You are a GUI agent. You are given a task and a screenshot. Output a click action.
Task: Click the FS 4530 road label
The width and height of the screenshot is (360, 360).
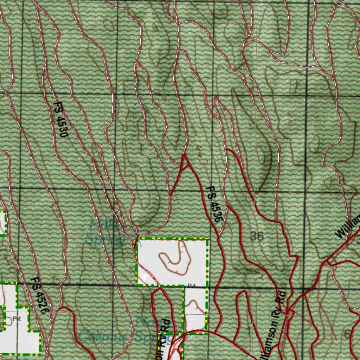click(60, 120)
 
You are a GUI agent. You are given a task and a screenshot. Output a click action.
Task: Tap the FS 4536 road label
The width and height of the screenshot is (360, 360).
click(214, 204)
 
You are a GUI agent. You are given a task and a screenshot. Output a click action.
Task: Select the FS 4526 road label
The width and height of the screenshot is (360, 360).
click(39, 295)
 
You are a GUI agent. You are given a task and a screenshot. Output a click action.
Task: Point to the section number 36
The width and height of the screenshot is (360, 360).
click(257, 236)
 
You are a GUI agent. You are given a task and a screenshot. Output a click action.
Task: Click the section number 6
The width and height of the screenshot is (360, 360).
click(347, 334)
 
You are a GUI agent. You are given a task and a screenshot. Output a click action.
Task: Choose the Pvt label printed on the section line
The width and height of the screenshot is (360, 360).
click(191, 285)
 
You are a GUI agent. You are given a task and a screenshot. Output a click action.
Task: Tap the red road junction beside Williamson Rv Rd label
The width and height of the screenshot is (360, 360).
click(287, 311)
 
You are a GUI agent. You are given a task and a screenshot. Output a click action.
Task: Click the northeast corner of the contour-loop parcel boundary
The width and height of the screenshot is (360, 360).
click(207, 239)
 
